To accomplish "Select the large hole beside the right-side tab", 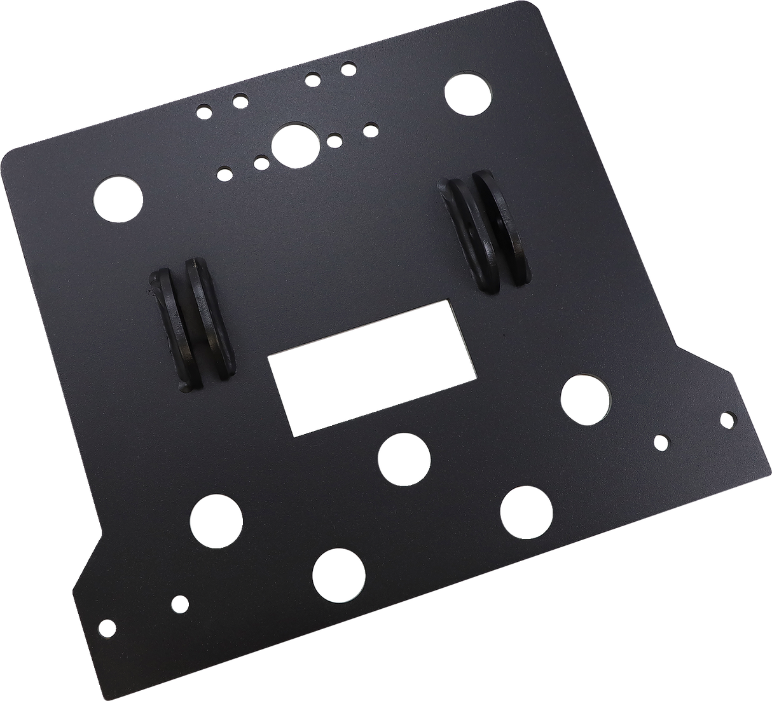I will point(585,400).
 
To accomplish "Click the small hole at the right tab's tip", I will point(726,418).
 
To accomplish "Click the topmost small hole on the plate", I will point(347,67).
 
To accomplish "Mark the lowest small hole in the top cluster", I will point(223,172).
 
